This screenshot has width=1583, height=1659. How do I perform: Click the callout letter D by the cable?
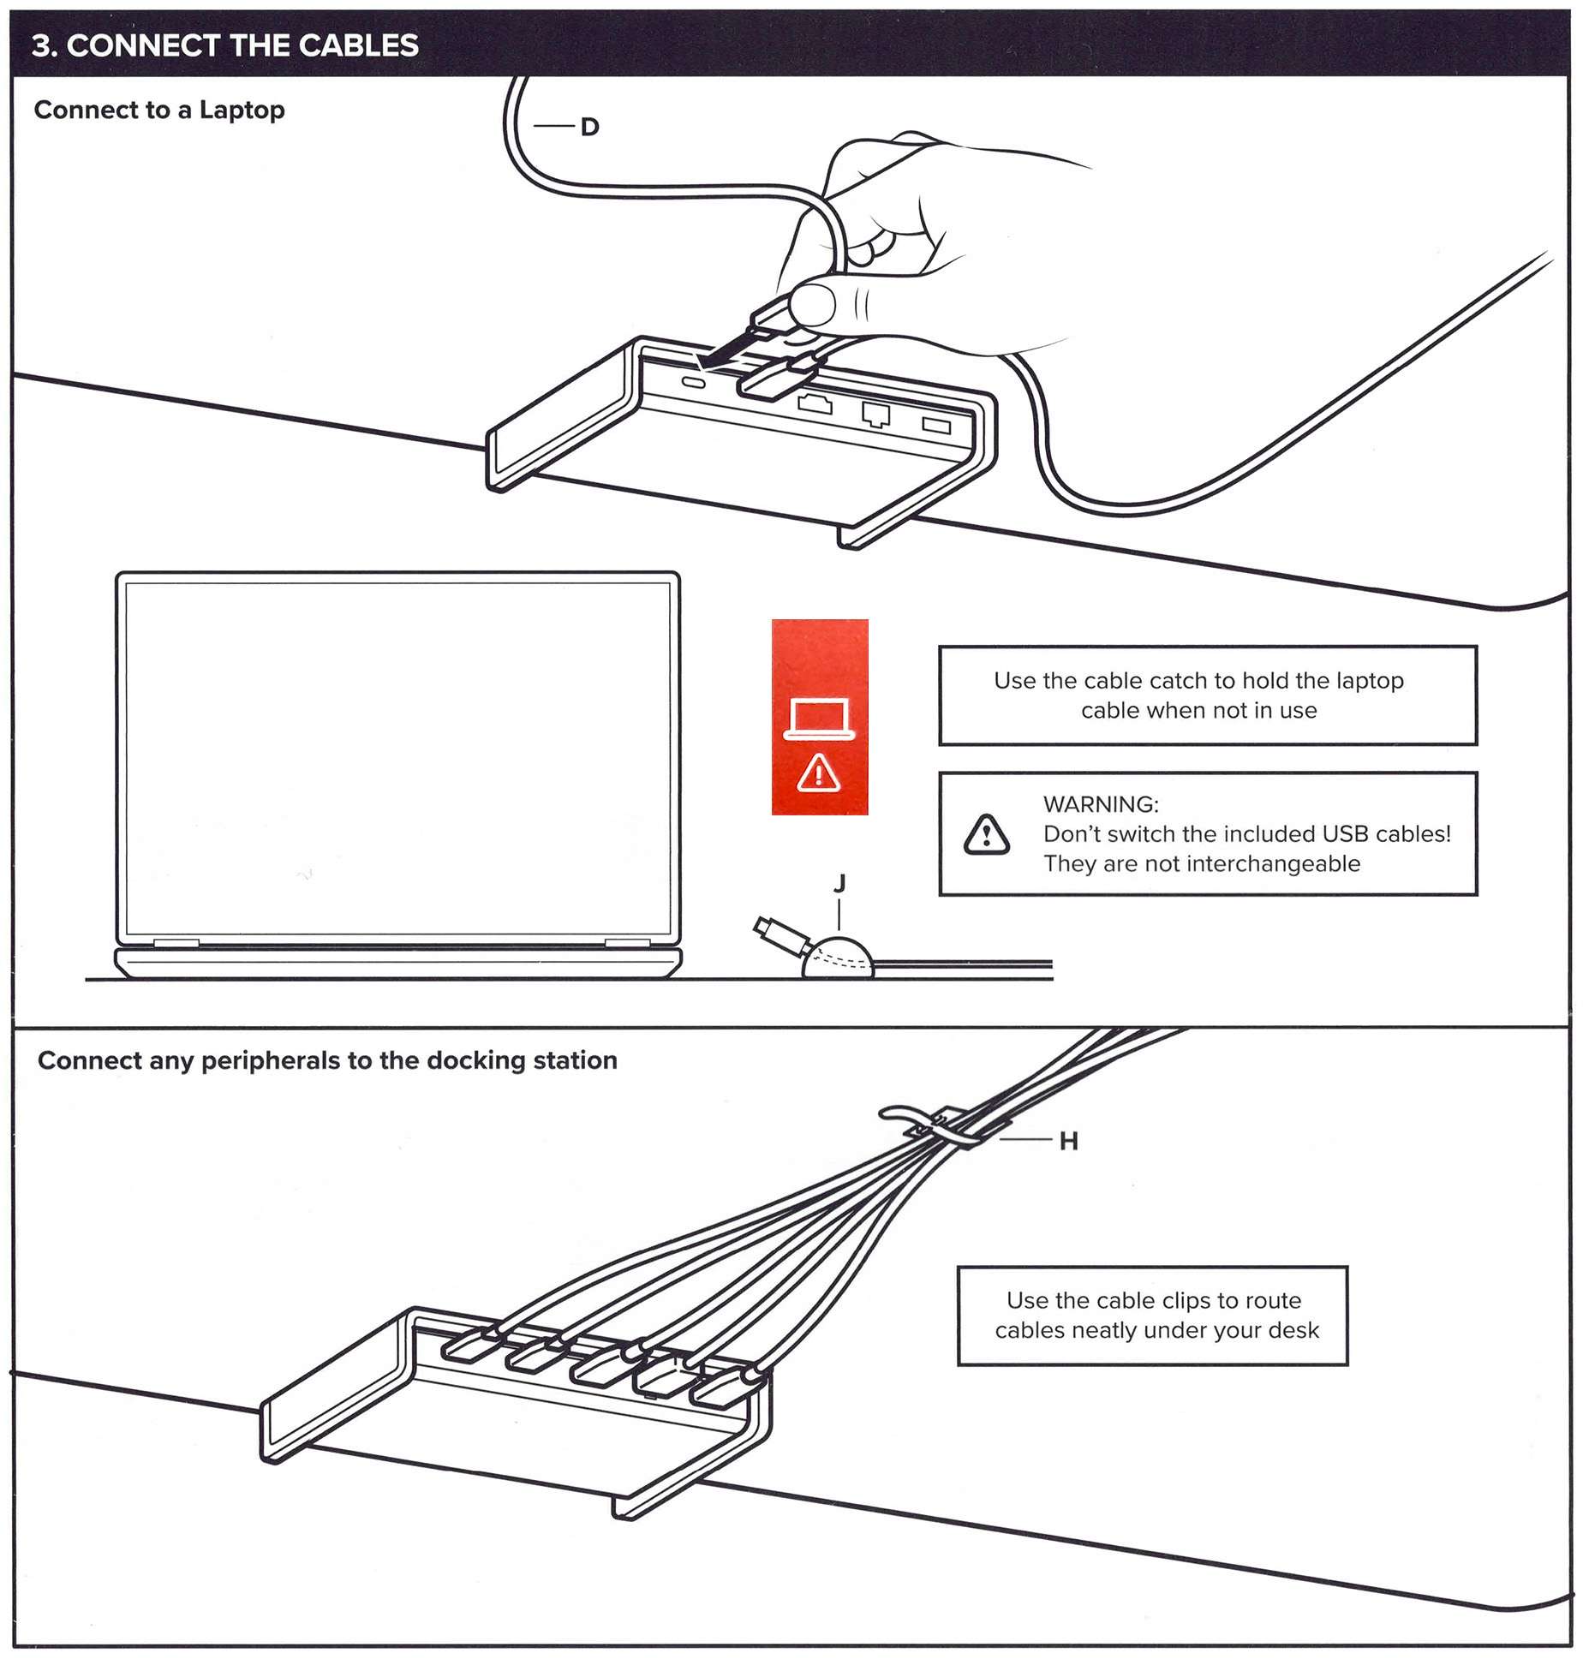tap(588, 127)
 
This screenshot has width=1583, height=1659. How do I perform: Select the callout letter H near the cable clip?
tap(1067, 1141)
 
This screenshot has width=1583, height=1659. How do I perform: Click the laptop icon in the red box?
tap(819, 718)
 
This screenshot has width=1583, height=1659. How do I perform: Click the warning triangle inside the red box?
tap(819, 774)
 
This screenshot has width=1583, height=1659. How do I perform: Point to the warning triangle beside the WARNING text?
tap(986, 835)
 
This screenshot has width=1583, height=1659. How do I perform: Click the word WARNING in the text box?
tap(1100, 804)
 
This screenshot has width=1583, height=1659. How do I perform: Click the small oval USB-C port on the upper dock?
tap(692, 383)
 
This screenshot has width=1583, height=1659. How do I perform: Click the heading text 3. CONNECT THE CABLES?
tap(224, 45)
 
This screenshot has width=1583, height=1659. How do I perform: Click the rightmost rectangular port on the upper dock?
tap(935, 425)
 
